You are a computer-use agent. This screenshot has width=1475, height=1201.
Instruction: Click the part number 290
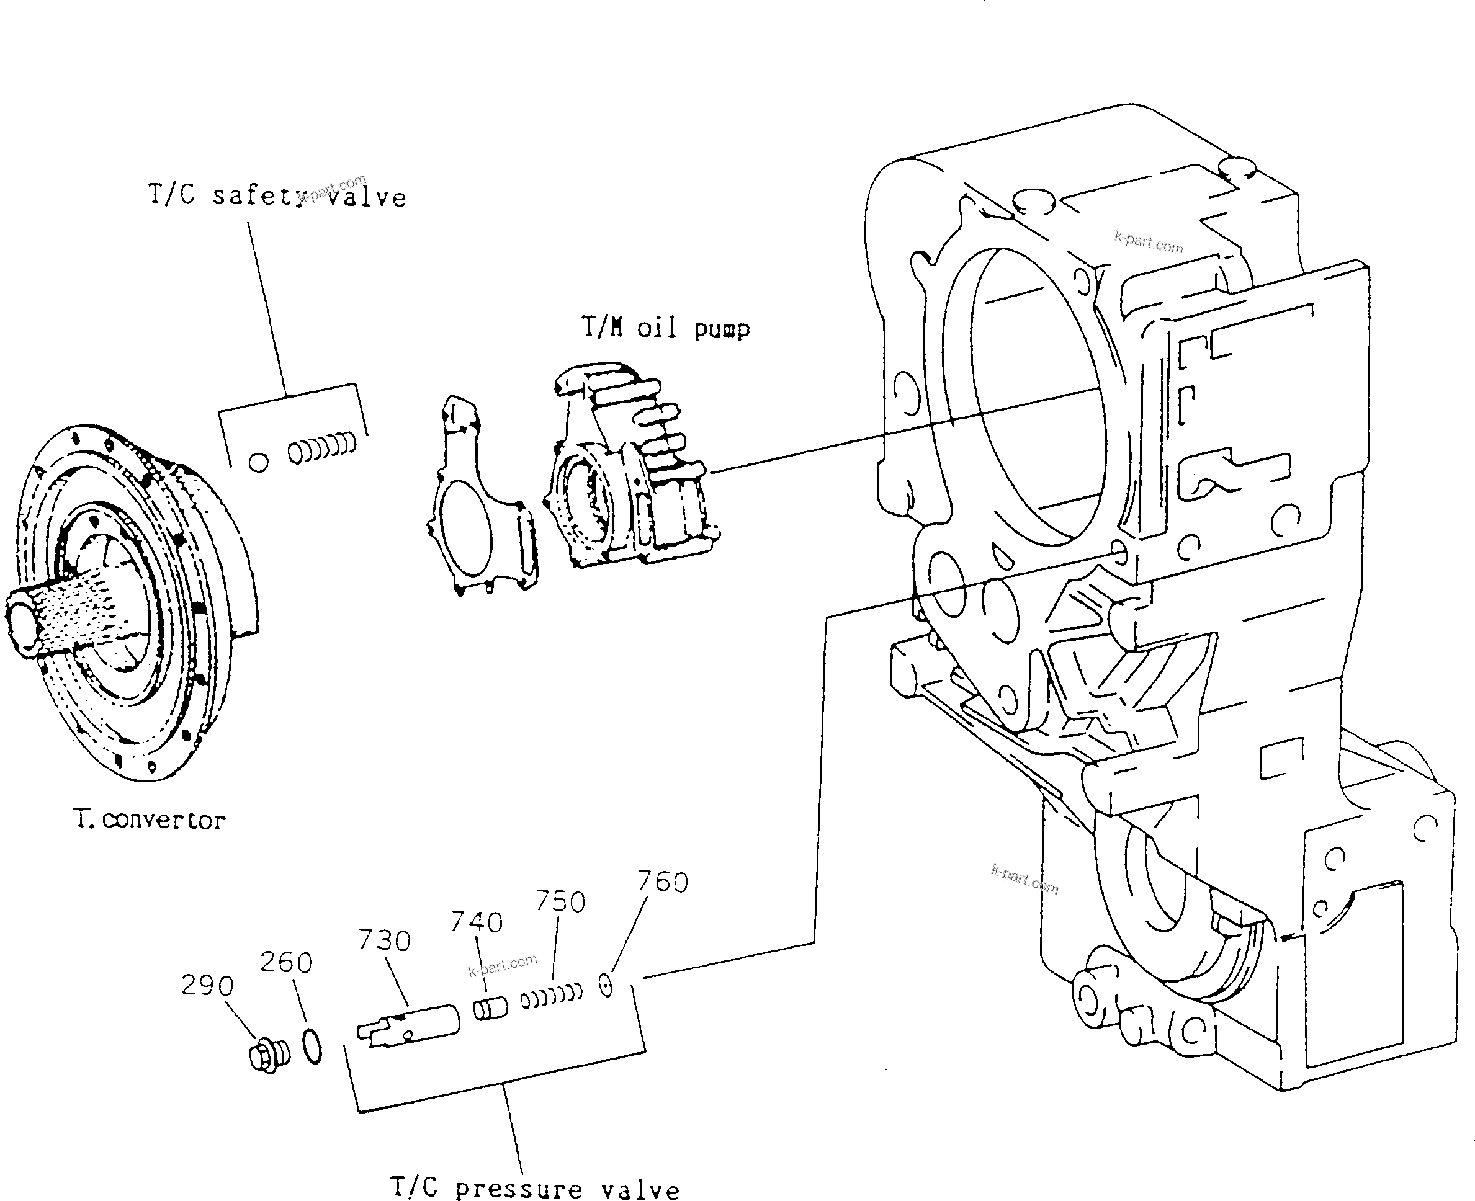[x=207, y=985]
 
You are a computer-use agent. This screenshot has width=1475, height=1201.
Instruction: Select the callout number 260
[x=285, y=962]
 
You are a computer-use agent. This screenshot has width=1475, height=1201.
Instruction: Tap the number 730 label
[x=384, y=941]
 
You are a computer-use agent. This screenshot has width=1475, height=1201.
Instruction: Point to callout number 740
[x=476, y=922]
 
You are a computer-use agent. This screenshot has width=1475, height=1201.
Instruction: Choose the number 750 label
[x=560, y=902]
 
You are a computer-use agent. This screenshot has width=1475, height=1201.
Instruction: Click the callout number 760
[x=662, y=882]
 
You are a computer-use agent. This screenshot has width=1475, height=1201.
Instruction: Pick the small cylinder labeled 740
[x=490, y=1007]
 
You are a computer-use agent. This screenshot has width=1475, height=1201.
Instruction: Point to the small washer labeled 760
[x=606, y=986]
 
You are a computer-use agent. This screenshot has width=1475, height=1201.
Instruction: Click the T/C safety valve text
[x=277, y=196]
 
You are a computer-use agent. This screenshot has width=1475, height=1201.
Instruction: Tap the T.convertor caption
[x=150, y=820]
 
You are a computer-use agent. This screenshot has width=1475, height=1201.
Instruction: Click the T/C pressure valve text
[x=535, y=1187]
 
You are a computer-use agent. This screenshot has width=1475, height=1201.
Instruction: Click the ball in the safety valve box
[x=258, y=463]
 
